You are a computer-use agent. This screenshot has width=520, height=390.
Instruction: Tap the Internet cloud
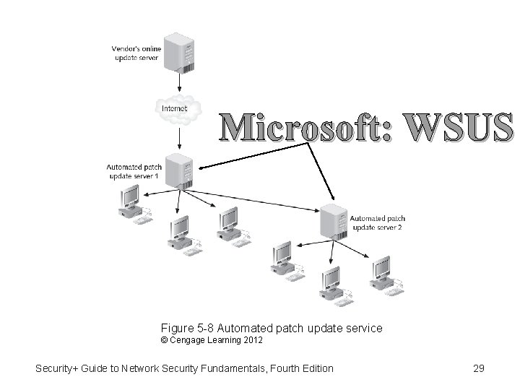(x=173, y=108)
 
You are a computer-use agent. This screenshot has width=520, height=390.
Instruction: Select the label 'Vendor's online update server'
(x=136, y=52)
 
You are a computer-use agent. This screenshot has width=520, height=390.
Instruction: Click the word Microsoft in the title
(x=303, y=127)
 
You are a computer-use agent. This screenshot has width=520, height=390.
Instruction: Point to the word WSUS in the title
(x=455, y=127)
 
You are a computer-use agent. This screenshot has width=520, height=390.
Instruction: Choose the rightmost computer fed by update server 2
(x=379, y=272)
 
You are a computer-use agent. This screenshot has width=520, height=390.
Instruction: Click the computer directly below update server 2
(x=331, y=282)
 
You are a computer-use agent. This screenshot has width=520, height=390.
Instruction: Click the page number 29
(x=477, y=368)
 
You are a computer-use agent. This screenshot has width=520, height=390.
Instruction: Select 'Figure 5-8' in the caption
(x=183, y=329)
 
